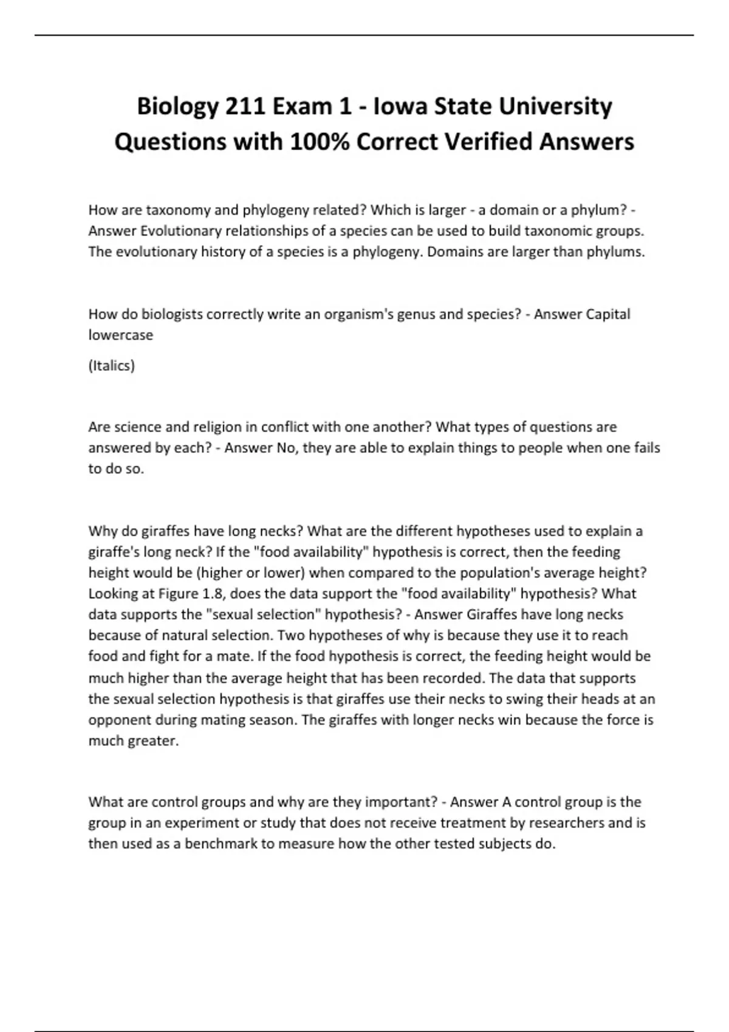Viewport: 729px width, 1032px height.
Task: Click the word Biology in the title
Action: coord(177,107)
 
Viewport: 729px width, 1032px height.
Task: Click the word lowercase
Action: coord(120,335)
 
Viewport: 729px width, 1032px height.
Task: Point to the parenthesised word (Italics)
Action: coord(112,365)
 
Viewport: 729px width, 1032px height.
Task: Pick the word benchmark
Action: coord(221,844)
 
